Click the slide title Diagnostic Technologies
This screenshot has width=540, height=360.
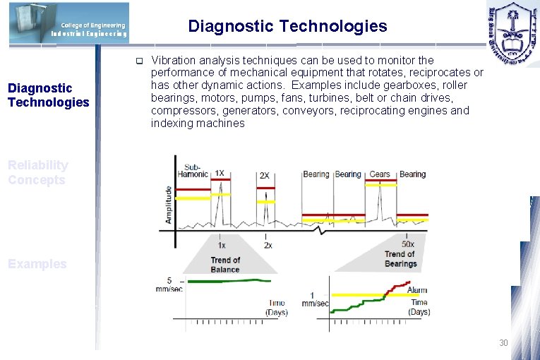[287, 27]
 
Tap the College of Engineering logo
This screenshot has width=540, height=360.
[69, 23]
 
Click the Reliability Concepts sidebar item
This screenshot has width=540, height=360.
[38, 172]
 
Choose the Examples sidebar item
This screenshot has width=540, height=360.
[37, 264]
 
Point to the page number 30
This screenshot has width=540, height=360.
[503, 342]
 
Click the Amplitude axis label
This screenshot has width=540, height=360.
[168, 205]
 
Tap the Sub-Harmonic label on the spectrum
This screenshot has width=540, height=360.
[193, 169]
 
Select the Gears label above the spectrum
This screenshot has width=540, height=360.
[380, 174]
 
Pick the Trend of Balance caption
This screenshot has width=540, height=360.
[225, 265]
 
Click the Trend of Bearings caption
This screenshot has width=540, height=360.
[400, 259]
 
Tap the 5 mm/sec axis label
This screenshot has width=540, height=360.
[169, 284]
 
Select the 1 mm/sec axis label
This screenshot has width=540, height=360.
[313, 299]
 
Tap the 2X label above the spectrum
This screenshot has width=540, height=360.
[264, 176]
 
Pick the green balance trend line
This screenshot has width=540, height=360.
[226, 281]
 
